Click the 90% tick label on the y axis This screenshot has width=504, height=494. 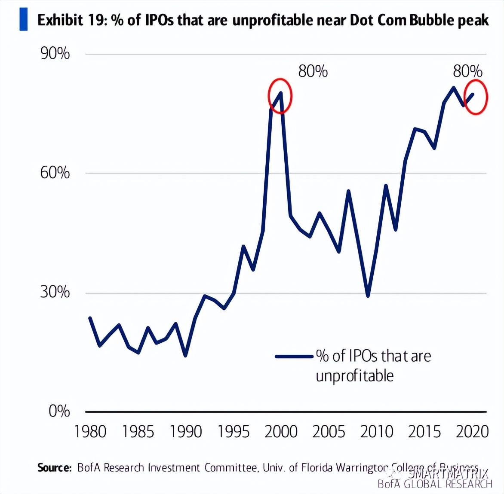(55, 54)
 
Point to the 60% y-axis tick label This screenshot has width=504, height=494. (55, 173)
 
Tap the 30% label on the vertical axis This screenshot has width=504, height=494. (55, 292)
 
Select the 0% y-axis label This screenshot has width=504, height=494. (59, 411)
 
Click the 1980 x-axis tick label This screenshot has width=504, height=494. (90, 432)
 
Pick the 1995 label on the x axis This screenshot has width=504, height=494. (234, 432)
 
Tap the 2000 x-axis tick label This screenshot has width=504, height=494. (281, 432)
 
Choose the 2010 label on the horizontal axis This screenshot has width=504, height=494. (377, 432)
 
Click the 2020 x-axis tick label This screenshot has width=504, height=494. (472, 432)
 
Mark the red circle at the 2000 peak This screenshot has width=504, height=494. (280, 96)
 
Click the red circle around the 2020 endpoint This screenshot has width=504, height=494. (476, 97)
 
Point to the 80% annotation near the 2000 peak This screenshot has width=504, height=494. (313, 71)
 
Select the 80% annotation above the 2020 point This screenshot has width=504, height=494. (468, 71)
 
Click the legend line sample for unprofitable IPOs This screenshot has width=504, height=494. (294, 356)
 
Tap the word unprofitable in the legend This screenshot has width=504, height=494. (355, 376)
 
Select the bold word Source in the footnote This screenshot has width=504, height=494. (54, 467)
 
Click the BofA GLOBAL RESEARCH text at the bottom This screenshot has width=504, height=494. (434, 484)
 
